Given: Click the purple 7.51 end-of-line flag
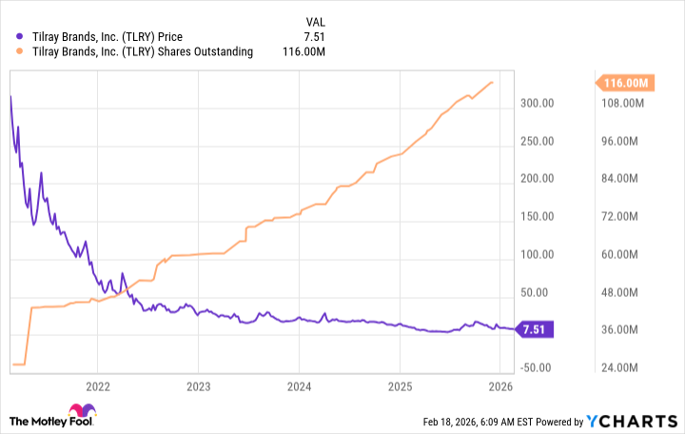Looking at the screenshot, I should (534, 329).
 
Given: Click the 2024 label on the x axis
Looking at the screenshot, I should (299, 386).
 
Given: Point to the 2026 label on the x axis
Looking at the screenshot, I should (500, 386).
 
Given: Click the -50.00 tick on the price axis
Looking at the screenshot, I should (538, 367).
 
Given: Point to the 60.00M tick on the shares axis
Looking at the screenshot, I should (630, 254).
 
